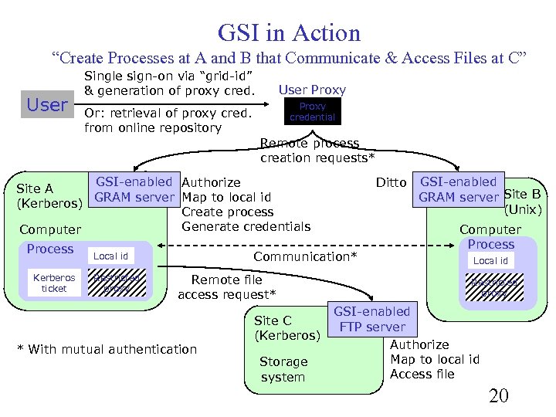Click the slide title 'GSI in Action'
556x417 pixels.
289,32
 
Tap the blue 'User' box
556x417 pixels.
47,105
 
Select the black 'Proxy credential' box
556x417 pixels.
312,112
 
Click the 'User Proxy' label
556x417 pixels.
312,90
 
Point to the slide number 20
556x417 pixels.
498,396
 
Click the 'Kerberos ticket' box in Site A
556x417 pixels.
54,283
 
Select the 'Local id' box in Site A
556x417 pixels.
111,256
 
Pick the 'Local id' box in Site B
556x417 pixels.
490,260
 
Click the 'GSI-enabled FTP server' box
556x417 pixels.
371,319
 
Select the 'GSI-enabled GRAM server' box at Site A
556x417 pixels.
134,189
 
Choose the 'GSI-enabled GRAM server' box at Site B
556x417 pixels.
459,189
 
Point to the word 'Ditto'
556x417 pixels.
391,182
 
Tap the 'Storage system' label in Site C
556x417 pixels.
283,369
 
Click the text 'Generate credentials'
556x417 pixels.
246,226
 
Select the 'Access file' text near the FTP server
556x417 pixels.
422,374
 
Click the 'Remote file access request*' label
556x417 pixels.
226,286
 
